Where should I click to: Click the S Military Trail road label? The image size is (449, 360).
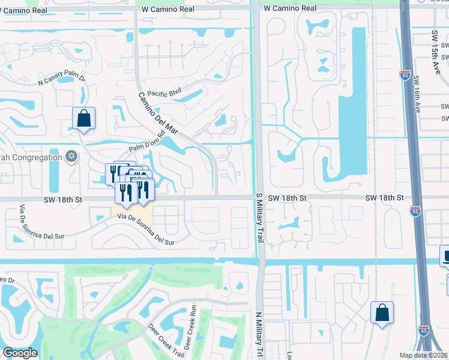tap(259, 218)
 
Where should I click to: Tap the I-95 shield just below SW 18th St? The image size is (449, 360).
tap(415, 211)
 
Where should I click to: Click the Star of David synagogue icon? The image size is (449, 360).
tap(71, 157)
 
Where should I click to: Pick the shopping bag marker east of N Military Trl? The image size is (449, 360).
tap(382, 313)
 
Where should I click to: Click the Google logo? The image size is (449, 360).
tap(20, 353)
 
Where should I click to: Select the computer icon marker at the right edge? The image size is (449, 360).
tap(446, 257)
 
